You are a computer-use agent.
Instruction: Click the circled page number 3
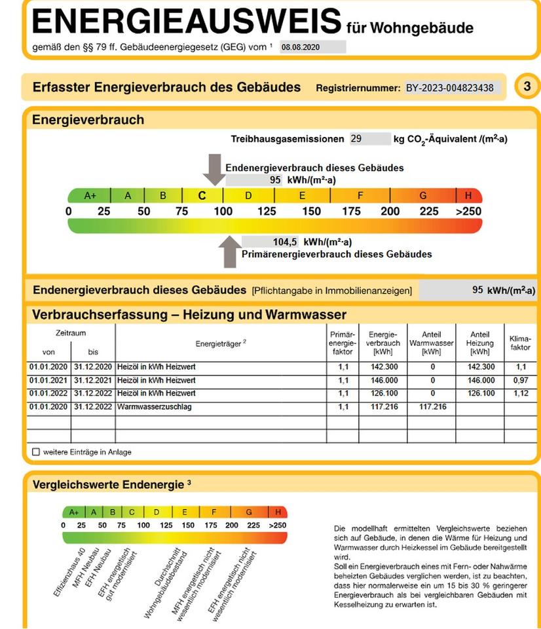pyautogui.click(x=527, y=87)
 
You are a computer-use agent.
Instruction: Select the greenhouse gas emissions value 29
pyautogui.click(x=356, y=139)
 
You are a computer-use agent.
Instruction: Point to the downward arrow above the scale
pyautogui.click(x=212, y=169)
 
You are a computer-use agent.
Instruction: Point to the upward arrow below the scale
pyautogui.click(x=229, y=252)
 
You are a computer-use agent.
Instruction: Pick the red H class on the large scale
pyautogui.click(x=468, y=195)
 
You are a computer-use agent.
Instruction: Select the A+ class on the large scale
pyautogui.click(x=90, y=195)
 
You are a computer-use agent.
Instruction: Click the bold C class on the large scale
pyautogui.click(x=202, y=195)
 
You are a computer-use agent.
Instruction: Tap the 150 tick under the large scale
pyautogui.click(x=312, y=211)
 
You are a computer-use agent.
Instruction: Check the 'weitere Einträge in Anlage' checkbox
pyautogui.click(x=35, y=451)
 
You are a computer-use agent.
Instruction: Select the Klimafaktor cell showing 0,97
pyautogui.click(x=520, y=380)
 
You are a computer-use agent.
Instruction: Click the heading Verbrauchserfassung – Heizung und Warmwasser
pyautogui.click(x=189, y=314)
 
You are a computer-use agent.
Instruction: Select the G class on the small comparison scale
pyautogui.click(x=249, y=512)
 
